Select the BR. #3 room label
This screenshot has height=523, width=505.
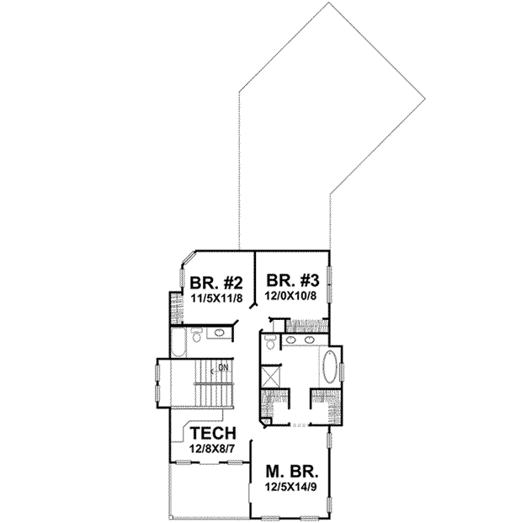pyautogui.click(x=291, y=280)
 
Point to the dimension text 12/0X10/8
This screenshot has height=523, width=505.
pyautogui.click(x=291, y=296)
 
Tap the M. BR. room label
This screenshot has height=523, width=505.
pyautogui.click(x=290, y=472)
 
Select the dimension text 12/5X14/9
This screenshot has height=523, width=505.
pyautogui.click(x=290, y=487)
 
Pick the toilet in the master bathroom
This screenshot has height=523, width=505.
pyautogui.click(x=268, y=342)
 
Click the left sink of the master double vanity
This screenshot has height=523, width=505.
pyautogui.click(x=290, y=341)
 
